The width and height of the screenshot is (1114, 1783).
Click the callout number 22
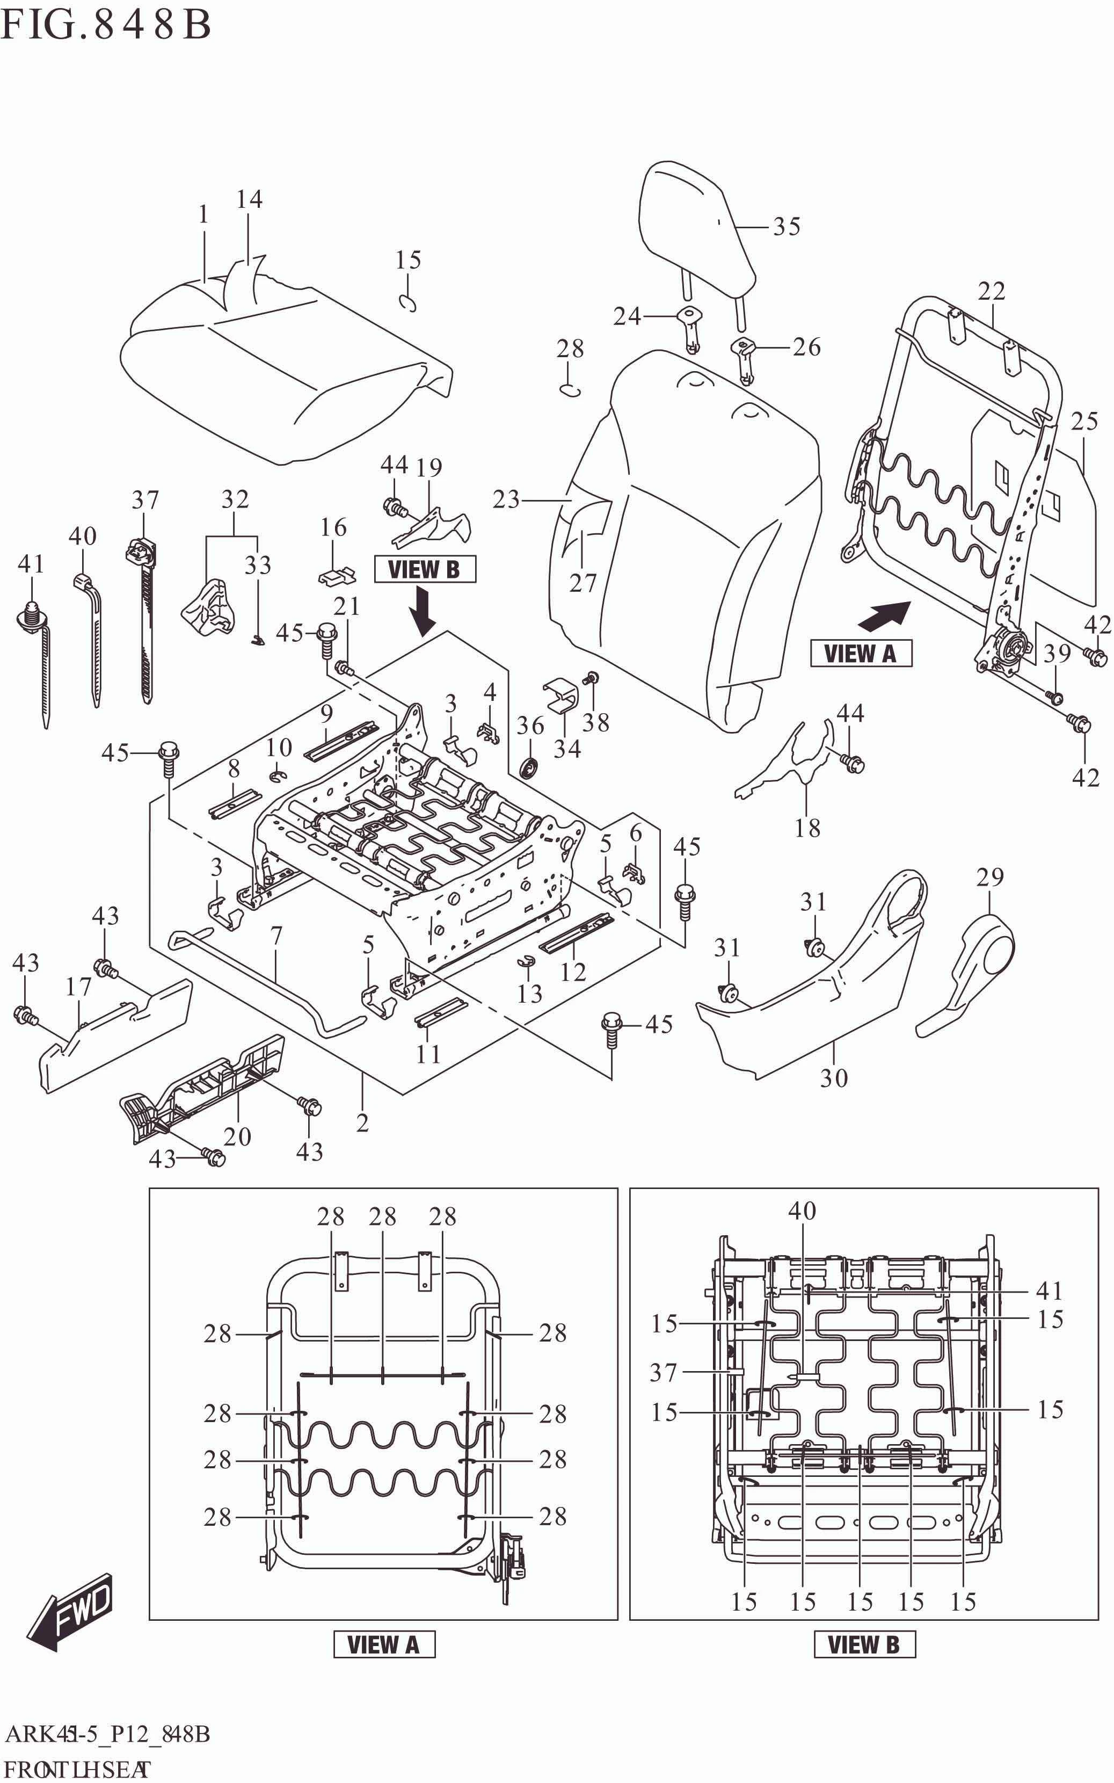[991, 292]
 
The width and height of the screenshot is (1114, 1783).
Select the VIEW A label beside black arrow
[861, 654]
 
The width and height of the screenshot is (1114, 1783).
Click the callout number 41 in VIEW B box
[1049, 1291]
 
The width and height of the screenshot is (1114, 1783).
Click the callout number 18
[807, 828]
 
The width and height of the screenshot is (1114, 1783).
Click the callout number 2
[362, 1123]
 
